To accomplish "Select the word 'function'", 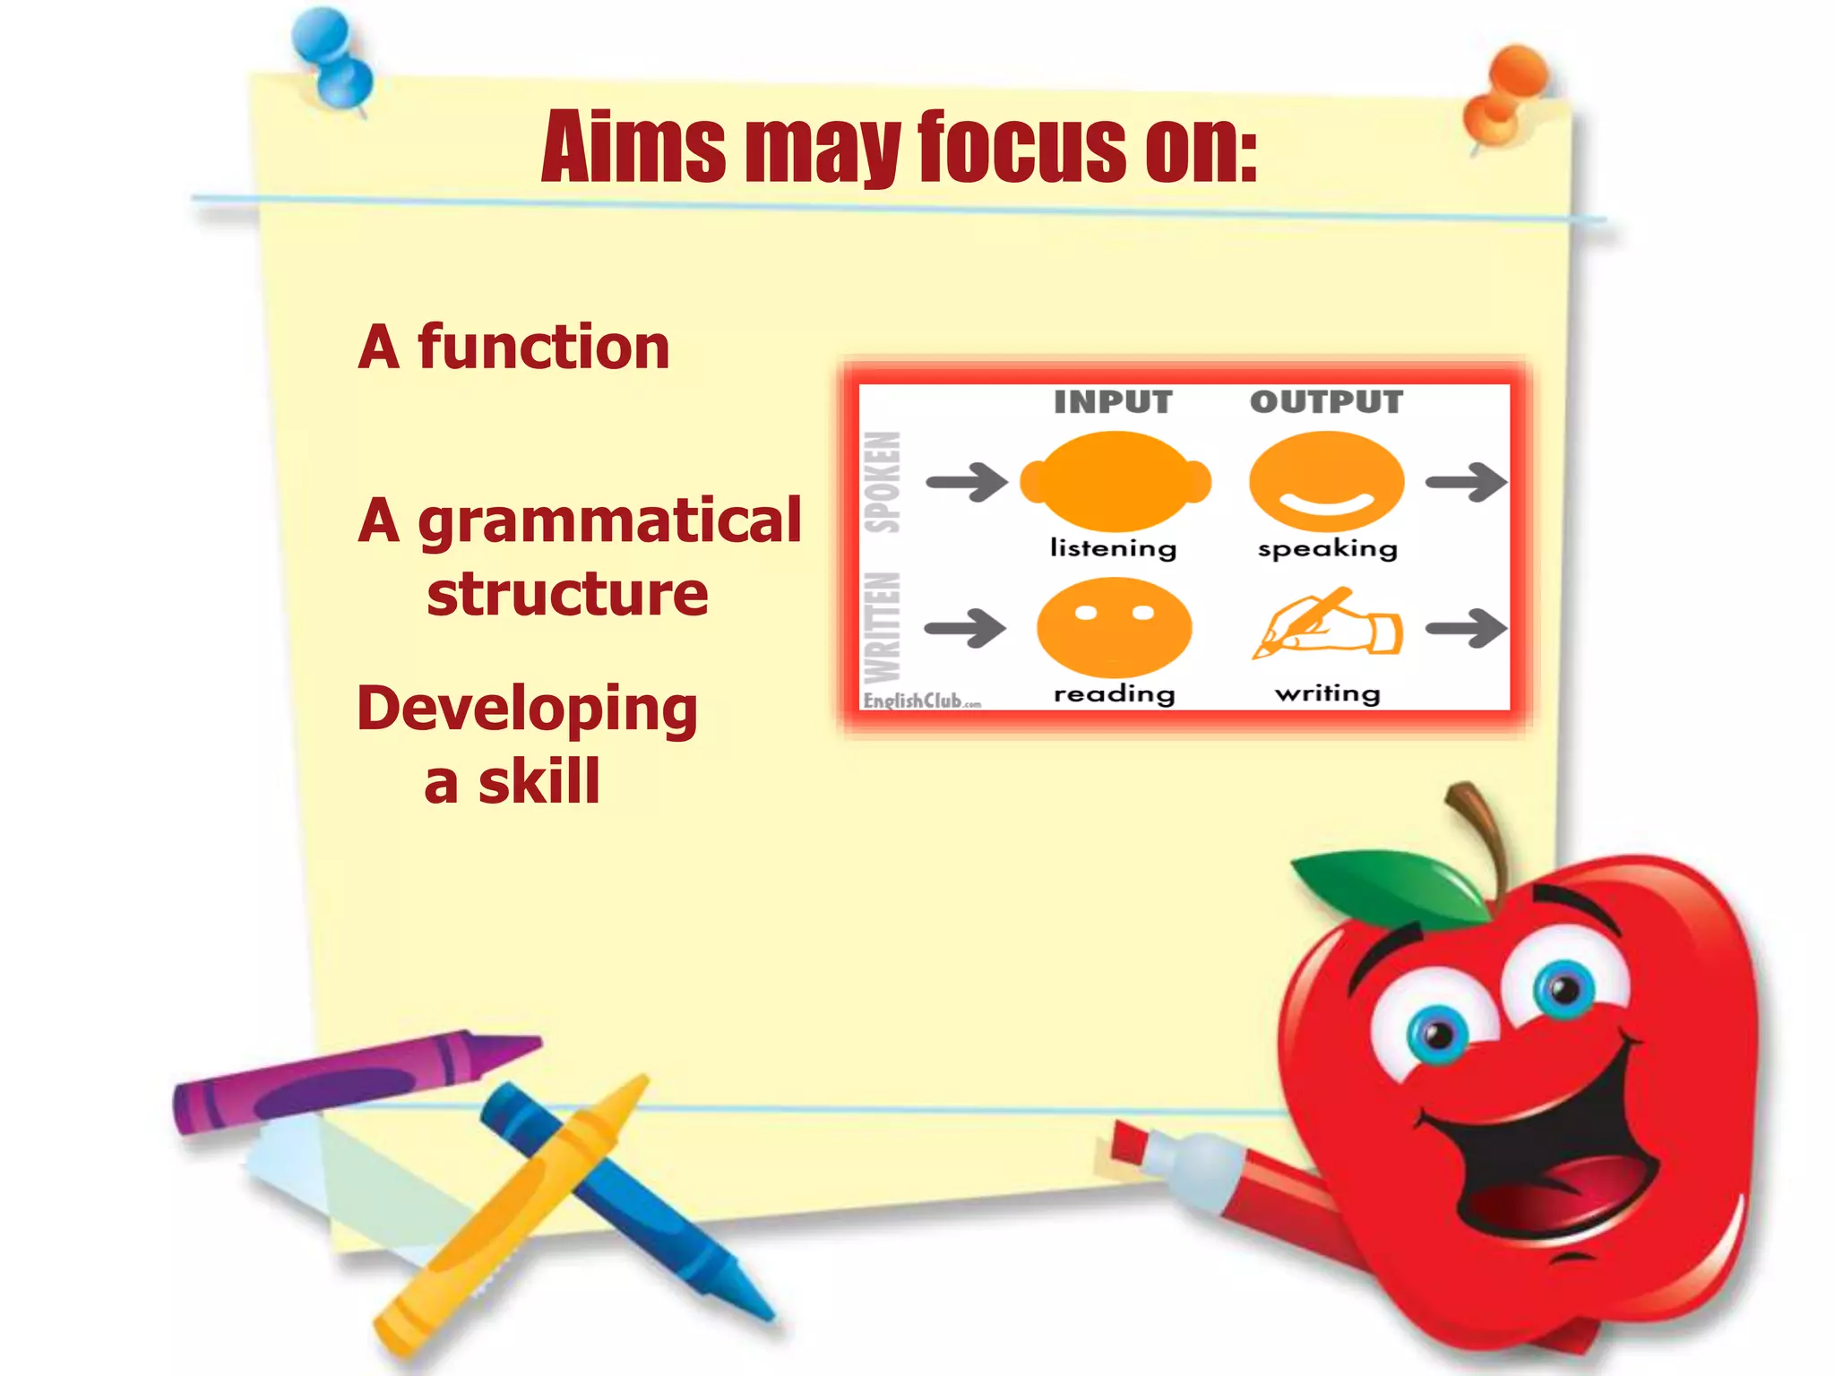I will [543, 348].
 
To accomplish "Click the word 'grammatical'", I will [609, 521].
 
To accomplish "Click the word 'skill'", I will [538, 782].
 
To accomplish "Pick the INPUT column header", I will [1113, 402].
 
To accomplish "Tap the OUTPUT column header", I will [1326, 402].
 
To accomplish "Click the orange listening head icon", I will [1116, 481].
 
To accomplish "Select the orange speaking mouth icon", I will [1326, 481].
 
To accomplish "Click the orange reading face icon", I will [1114, 627].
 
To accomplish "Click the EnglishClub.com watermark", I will [921, 701].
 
